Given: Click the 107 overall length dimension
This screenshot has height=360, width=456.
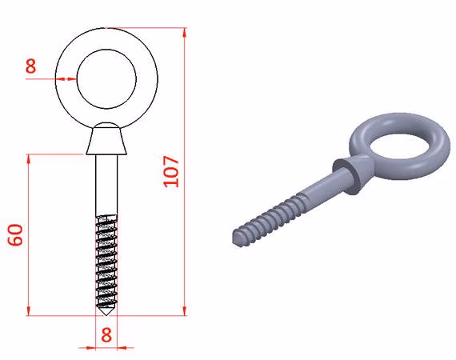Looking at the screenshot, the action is pyautogui.click(x=171, y=171).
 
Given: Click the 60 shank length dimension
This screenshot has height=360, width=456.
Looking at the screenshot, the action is pyautogui.click(x=15, y=235).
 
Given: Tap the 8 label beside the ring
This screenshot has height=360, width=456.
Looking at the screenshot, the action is pyautogui.click(x=30, y=66).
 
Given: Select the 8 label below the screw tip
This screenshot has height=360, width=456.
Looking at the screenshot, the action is pyautogui.click(x=106, y=334).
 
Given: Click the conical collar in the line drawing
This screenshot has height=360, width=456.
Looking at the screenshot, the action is pyautogui.click(x=106, y=138).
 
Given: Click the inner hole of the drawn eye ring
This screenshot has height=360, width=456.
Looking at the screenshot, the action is pyautogui.click(x=106, y=79).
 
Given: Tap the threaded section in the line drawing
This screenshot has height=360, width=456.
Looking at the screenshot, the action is pyautogui.click(x=106, y=259).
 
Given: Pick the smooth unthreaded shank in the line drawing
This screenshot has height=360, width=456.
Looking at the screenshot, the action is pyautogui.click(x=106, y=185).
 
